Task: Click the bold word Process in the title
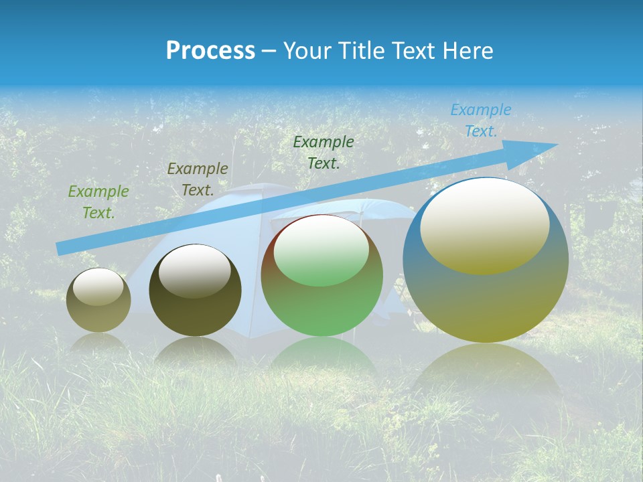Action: [x=210, y=51]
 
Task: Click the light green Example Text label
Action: [x=98, y=202]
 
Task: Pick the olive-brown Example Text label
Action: [x=197, y=179]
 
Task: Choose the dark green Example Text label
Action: [x=324, y=153]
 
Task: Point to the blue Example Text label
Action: [x=481, y=120]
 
